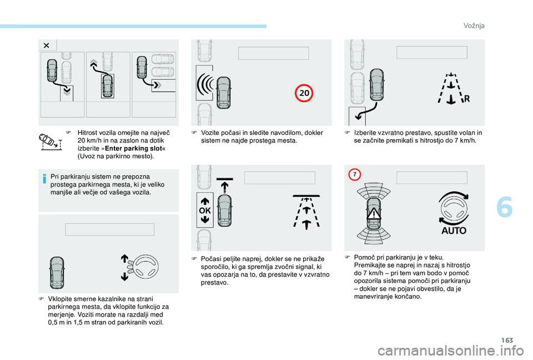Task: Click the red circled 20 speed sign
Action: [304, 93]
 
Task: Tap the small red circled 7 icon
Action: [355, 175]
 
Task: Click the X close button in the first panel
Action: [47, 45]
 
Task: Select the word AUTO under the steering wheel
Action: [454, 231]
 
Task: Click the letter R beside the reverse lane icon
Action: [467, 99]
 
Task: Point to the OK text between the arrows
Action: [205, 211]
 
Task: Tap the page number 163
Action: [507, 340]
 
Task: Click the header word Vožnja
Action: [474, 26]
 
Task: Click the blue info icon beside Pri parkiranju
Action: [44, 179]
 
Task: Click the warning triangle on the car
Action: [374, 214]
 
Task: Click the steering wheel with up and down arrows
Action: [140, 267]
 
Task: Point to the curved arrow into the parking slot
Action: [367, 110]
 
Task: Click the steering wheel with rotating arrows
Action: [454, 208]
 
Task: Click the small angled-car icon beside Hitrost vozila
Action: [51, 141]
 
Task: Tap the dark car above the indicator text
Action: [57, 273]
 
